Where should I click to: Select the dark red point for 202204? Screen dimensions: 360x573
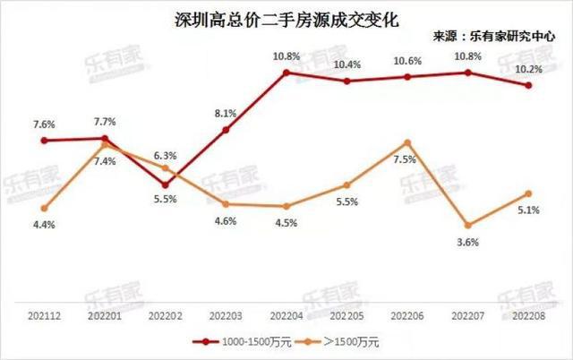pos(286,73)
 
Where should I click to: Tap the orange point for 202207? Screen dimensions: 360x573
pos(467,225)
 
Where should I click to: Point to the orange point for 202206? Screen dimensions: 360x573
pos(407,142)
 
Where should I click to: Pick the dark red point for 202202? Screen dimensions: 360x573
pos(166,184)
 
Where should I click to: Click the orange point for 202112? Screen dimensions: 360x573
pos(45,209)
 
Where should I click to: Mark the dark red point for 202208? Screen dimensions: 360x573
pos(528,86)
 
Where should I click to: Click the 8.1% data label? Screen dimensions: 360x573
pos(226,114)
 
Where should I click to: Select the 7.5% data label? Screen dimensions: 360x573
pos(405,159)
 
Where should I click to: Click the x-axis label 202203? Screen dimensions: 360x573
pos(226,316)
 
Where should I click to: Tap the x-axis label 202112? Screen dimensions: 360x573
pos(45,316)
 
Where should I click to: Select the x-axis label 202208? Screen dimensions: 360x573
pos(528,316)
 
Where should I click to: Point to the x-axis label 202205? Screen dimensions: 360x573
pos(346,316)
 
